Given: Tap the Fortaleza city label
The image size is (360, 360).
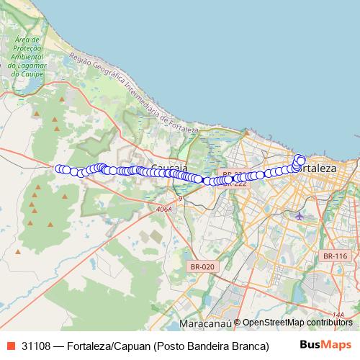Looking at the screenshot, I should click(317, 167).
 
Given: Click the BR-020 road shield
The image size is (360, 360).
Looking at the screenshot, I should click(202, 266).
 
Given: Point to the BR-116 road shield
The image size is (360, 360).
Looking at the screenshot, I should click(335, 256).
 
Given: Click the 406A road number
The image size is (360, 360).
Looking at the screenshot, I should click(163, 209).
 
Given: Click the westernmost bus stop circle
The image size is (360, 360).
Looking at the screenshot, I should click(60, 169).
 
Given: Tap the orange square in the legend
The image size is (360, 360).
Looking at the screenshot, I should click(12, 346).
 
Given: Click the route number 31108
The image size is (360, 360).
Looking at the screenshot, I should click(37, 346).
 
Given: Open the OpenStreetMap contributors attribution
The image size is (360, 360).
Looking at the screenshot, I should click(297, 323).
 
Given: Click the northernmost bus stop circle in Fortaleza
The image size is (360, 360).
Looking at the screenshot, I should click(300, 158).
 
